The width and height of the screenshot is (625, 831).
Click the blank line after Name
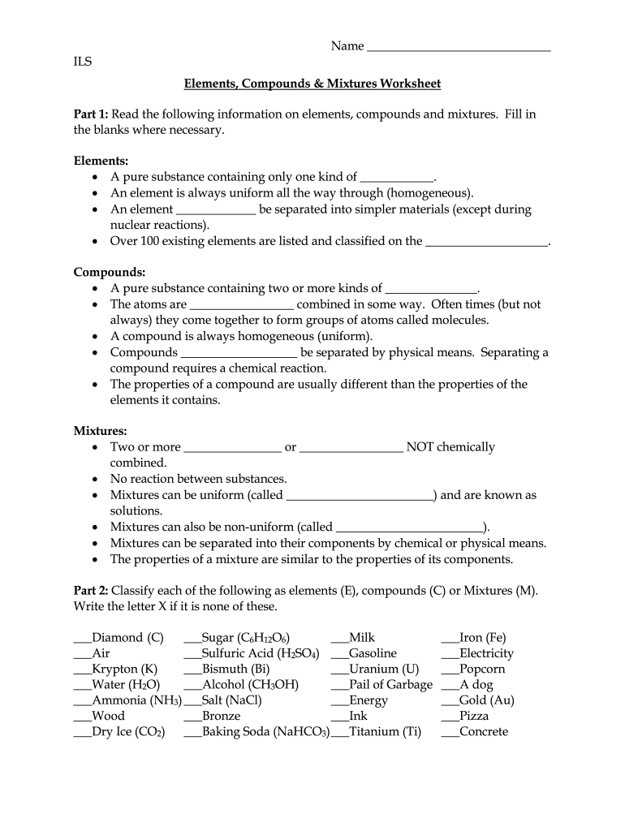point(459,48)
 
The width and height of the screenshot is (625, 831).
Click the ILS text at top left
point(83,62)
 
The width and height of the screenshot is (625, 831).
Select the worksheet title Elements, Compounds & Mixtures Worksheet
point(312,84)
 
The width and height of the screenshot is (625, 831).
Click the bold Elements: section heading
point(101,161)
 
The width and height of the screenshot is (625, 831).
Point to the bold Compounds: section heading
point(110,273)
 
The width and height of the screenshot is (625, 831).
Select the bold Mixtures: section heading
point(101,432)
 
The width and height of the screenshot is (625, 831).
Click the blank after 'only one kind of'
point(397,178)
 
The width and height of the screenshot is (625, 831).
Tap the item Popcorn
point(482,670)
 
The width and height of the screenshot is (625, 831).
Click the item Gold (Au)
point(486,700)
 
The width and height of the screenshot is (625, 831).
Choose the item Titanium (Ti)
point(385,732)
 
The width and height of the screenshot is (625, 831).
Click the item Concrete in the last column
point(484,732)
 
